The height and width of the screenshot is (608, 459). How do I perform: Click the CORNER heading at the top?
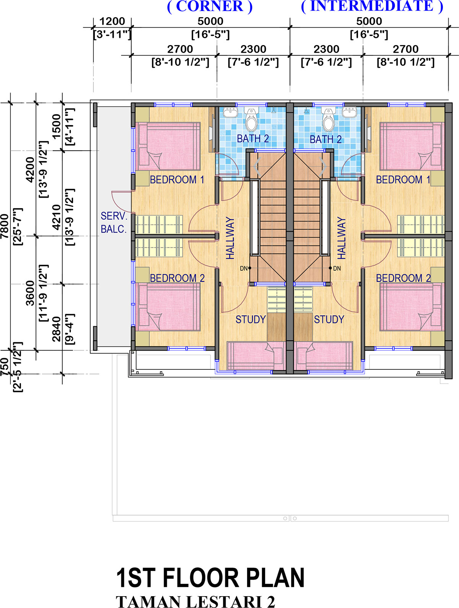tap(210, 7)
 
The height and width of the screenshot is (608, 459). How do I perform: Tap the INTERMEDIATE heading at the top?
tap(372, 7)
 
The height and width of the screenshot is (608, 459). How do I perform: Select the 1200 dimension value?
tap(112, 21)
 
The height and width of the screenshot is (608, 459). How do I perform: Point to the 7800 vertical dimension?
tap(5, 226)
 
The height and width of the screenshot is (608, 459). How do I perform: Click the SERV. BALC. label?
tap(114, 223)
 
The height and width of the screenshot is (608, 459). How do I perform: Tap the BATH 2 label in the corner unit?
tap(252, 138)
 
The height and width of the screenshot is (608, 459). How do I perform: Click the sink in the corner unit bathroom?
tap(231, 112)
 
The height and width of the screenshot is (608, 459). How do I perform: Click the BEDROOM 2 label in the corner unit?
tap(177, 278)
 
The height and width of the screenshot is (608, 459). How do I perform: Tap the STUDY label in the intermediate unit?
tap(329, 319)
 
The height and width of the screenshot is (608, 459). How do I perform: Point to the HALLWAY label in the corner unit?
tap(230, 238)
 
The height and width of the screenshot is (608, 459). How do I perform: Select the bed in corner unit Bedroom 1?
tap(169, 146)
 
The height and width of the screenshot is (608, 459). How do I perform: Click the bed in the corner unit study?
tap(256, 356)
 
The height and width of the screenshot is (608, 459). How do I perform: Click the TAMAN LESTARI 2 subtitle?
tap(195, 601)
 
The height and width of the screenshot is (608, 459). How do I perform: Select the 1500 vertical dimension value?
tap(57, 127)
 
